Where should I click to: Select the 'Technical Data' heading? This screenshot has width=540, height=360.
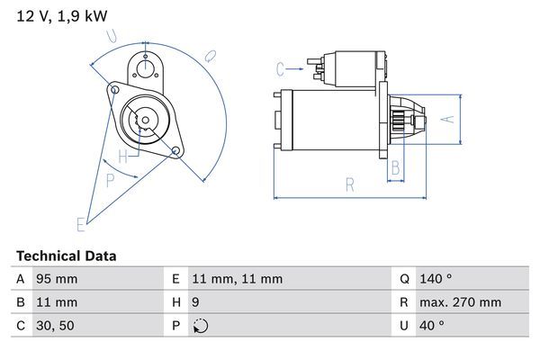click(x=66, y=256)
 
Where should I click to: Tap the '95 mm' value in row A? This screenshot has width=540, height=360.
click(x=56, y=279)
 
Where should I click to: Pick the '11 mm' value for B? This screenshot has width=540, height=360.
click(x=56, y=302)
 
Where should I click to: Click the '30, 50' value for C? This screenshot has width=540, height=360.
click(x=54, y=326)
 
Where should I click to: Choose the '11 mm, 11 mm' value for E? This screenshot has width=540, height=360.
click(x=237, y=279)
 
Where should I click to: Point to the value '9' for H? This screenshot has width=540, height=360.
click(x=195, y=302)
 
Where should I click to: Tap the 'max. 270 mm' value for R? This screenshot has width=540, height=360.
click(x=461, y=302)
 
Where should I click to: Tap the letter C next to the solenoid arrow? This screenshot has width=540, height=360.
click(x=280, y=68)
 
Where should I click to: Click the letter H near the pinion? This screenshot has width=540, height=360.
click(x=133, y=154)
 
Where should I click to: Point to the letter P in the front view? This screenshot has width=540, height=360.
click(x=110, y=180)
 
